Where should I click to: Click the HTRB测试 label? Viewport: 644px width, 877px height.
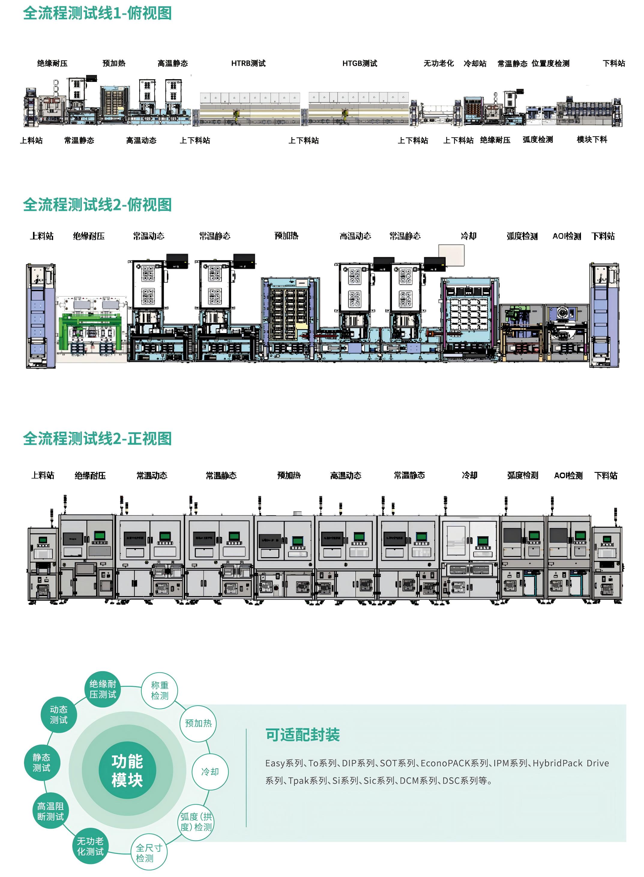click(248, 63)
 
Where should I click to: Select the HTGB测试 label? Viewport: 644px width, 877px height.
click(360, 63)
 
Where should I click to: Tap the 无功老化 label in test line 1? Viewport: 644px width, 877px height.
click(438, 63)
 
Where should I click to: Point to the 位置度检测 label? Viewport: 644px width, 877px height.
click(550, 63)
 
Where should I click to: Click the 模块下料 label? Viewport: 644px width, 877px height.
click(592, 140)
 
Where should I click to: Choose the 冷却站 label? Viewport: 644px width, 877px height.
click(475, 63)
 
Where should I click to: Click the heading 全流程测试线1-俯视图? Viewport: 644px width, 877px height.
click(98, 13)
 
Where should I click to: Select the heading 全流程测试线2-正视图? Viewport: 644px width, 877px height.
click(98, 439)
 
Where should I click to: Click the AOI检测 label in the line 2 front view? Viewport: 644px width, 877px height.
click(568, 475)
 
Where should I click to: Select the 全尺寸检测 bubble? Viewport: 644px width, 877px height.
click(149, 852)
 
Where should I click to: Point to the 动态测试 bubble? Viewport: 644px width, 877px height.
click(59, 714)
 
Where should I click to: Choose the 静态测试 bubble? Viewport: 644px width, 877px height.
click(41, 762)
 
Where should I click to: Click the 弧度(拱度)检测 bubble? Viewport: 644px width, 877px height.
click(196, 822)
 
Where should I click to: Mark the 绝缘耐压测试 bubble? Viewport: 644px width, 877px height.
click(103, 689)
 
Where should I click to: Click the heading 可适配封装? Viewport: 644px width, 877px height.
click(302, 735)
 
